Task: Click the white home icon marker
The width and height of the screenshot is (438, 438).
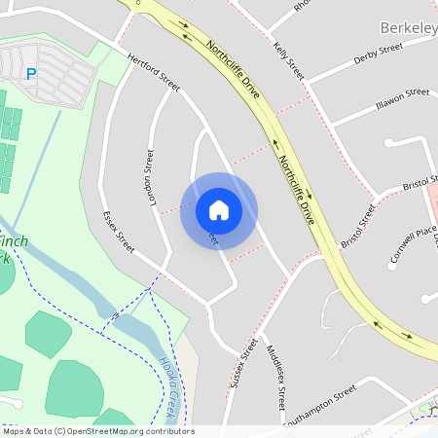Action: [x=219, y=210]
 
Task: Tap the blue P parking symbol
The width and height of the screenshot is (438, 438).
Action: [x=30, y=73]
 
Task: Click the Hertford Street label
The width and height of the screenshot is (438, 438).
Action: [x=154, y=72]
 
